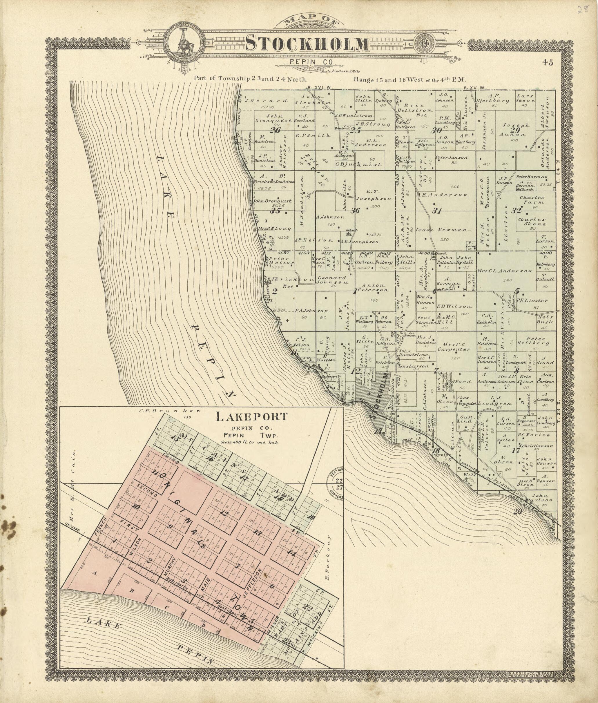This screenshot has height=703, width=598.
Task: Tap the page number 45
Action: coord(547,62)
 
